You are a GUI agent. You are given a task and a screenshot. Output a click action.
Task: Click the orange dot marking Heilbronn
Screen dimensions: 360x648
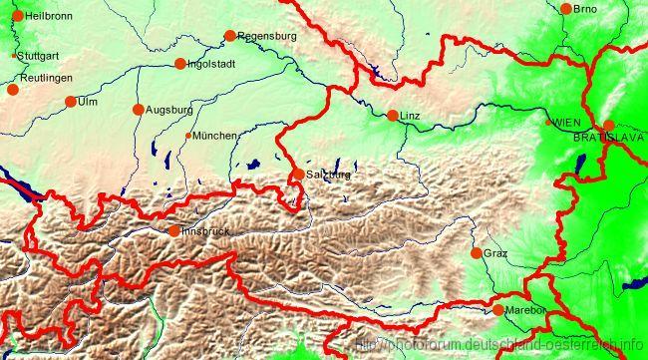coord(17,16)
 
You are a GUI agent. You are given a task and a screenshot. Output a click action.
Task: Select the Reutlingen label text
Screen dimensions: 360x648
coord(46,77)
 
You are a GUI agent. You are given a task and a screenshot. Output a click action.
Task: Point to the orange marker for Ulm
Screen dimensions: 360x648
coord(71,101)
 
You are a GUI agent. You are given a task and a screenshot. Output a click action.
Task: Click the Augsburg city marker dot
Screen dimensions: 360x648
coord(138,109)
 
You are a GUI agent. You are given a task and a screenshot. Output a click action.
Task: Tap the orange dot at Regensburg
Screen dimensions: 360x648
coord(229,36)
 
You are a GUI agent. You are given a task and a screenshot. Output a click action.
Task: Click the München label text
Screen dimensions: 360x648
coord(215,136)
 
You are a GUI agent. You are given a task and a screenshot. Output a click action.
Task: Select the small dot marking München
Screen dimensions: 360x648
coord(188,136)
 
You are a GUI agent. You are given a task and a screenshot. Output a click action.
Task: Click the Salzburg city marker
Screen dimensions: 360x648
coord(298,175)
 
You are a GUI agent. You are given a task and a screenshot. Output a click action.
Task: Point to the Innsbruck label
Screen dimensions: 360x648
coord(206,231)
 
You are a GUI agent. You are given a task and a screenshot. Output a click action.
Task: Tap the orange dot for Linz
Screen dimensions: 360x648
coord(392,116)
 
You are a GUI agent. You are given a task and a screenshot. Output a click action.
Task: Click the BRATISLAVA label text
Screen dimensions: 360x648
coord(610,136)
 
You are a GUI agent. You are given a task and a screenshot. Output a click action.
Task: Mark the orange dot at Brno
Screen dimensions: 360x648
coord(566,9)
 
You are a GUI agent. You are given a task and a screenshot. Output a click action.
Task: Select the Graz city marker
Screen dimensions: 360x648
coord(476,253)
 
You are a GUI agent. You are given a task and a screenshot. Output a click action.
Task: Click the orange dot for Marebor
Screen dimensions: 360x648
coord(497,310)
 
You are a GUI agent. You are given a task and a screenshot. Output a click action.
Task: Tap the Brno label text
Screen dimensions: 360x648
coord(585,9)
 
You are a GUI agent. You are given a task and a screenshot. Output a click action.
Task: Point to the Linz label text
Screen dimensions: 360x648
coord(410,117)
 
